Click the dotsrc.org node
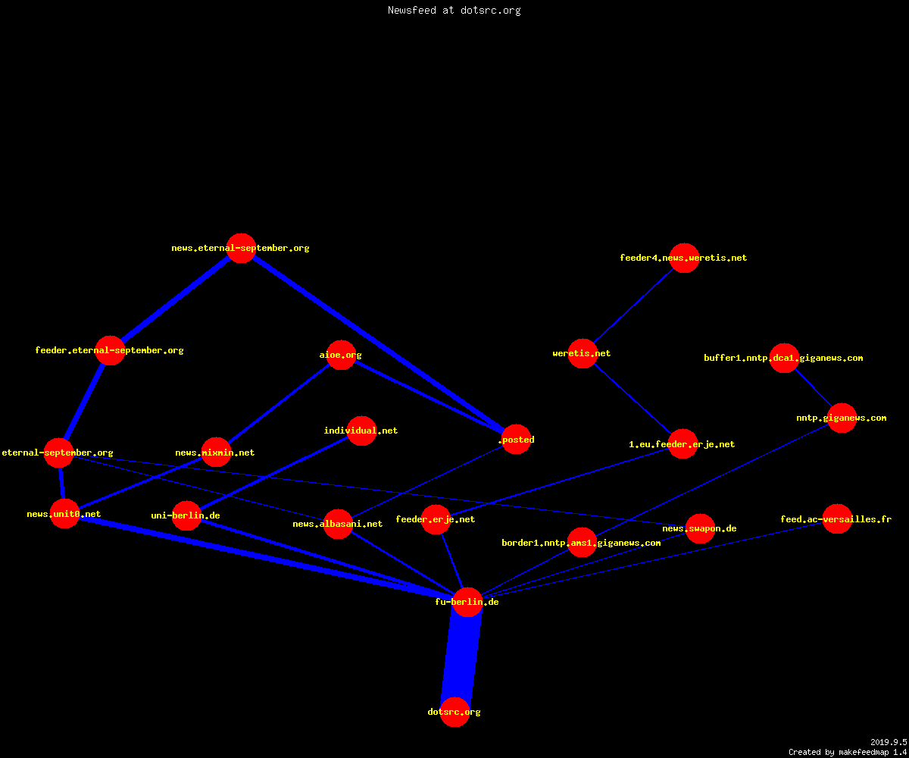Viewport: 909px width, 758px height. pos(454,712)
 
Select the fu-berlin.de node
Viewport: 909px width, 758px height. pos(467,602)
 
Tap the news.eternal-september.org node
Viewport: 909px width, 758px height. pos(241,249)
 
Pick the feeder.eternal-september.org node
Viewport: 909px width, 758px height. pos(110,350)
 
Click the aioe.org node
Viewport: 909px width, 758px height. pos(341,355)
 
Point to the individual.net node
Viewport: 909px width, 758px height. pos(361,431)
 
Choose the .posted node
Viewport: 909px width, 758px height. pos(516,439)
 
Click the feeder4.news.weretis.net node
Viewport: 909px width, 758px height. pos(684,258)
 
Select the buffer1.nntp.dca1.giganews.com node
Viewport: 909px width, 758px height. pos(784,358)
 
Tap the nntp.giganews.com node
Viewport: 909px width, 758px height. pos(842,418)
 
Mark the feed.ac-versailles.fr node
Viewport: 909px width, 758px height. pos(837,518)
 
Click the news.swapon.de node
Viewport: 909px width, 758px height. pos(700,529)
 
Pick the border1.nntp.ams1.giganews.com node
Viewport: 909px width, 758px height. pos(582,543)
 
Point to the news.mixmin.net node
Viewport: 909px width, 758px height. pos(216,453)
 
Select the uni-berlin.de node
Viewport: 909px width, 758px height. pos(186,515)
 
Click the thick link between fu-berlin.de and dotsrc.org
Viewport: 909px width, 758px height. pos(461,657)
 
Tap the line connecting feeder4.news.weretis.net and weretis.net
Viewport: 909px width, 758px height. pos(633,305)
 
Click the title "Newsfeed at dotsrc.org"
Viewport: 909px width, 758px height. pos(454,11)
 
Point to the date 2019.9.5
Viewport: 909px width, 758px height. pos(889,742)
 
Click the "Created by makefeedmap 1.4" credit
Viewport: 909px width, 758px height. pos(848,753)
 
